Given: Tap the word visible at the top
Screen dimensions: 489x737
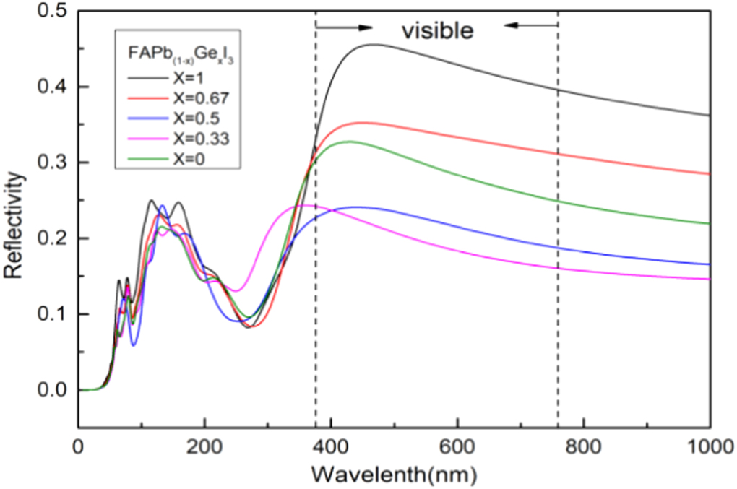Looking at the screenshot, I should [x=437, y=30].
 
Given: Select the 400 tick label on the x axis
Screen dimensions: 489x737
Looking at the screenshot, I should [x=330, y=446].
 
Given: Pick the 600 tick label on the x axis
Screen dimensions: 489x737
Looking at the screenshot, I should [x=457, y=446].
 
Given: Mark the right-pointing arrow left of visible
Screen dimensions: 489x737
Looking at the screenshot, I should [x=345, y=27].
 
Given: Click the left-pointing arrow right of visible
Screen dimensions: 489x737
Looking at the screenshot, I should [x=530, y=25].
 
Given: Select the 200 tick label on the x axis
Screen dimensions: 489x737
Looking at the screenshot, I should [x=204, y=446].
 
